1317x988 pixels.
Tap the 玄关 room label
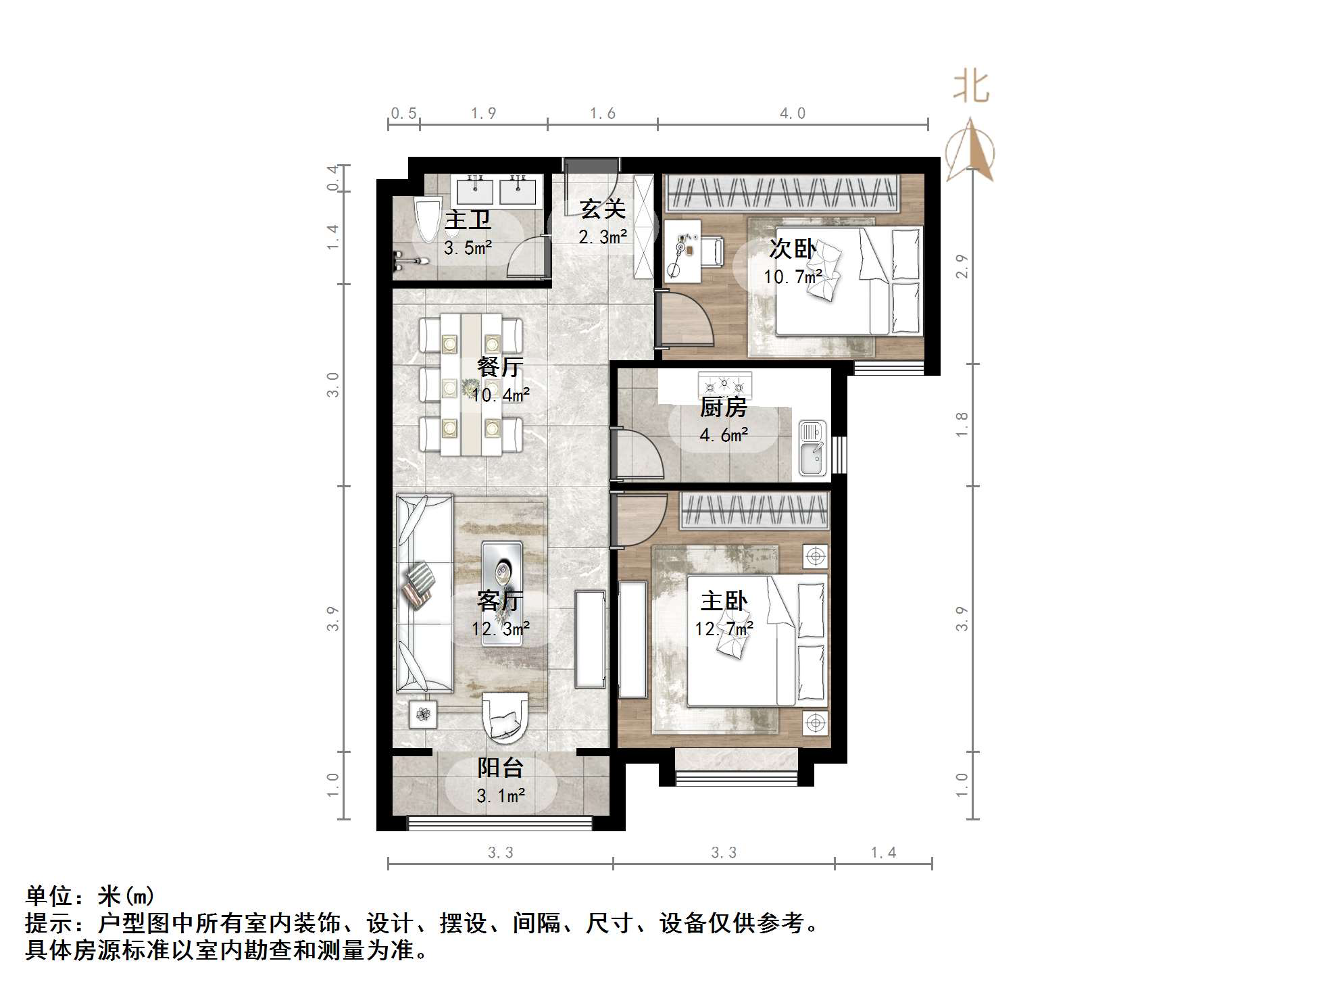[603, 209]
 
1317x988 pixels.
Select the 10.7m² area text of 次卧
[793, 277]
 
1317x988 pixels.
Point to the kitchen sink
[812, 448]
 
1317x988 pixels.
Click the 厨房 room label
[724, 407]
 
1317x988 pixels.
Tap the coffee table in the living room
[502, 592]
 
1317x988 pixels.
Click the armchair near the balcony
[504, 718]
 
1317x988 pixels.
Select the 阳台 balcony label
[501, 768]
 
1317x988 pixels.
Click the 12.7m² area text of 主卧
[724, 629]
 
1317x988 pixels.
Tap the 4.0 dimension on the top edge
[793, 114]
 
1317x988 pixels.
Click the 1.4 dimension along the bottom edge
[883, 853]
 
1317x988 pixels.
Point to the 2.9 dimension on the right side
[962, 266]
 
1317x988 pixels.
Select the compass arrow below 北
[970, 150]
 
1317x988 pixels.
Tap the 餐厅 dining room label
[500, 367]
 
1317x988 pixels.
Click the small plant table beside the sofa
[423, 714]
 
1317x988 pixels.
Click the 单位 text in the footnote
[49, 896]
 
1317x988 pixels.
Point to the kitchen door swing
[639, 455]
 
